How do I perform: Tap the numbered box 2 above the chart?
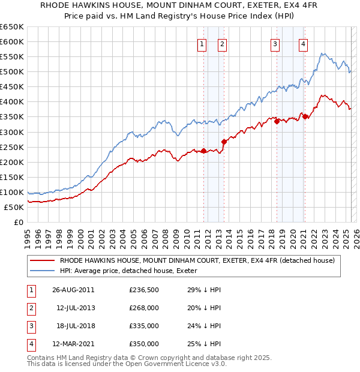click(221, 43)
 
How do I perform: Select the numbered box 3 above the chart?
click(275, 43)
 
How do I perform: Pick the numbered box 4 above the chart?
click(303, 43)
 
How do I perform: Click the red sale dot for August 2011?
click(204, 151)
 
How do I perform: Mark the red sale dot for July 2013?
click(224, 142)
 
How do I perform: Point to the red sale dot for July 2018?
click(277, 121)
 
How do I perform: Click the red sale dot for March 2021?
click(305, 116)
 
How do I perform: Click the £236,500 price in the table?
click(143, 289)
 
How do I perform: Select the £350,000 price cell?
click(143, 344)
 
